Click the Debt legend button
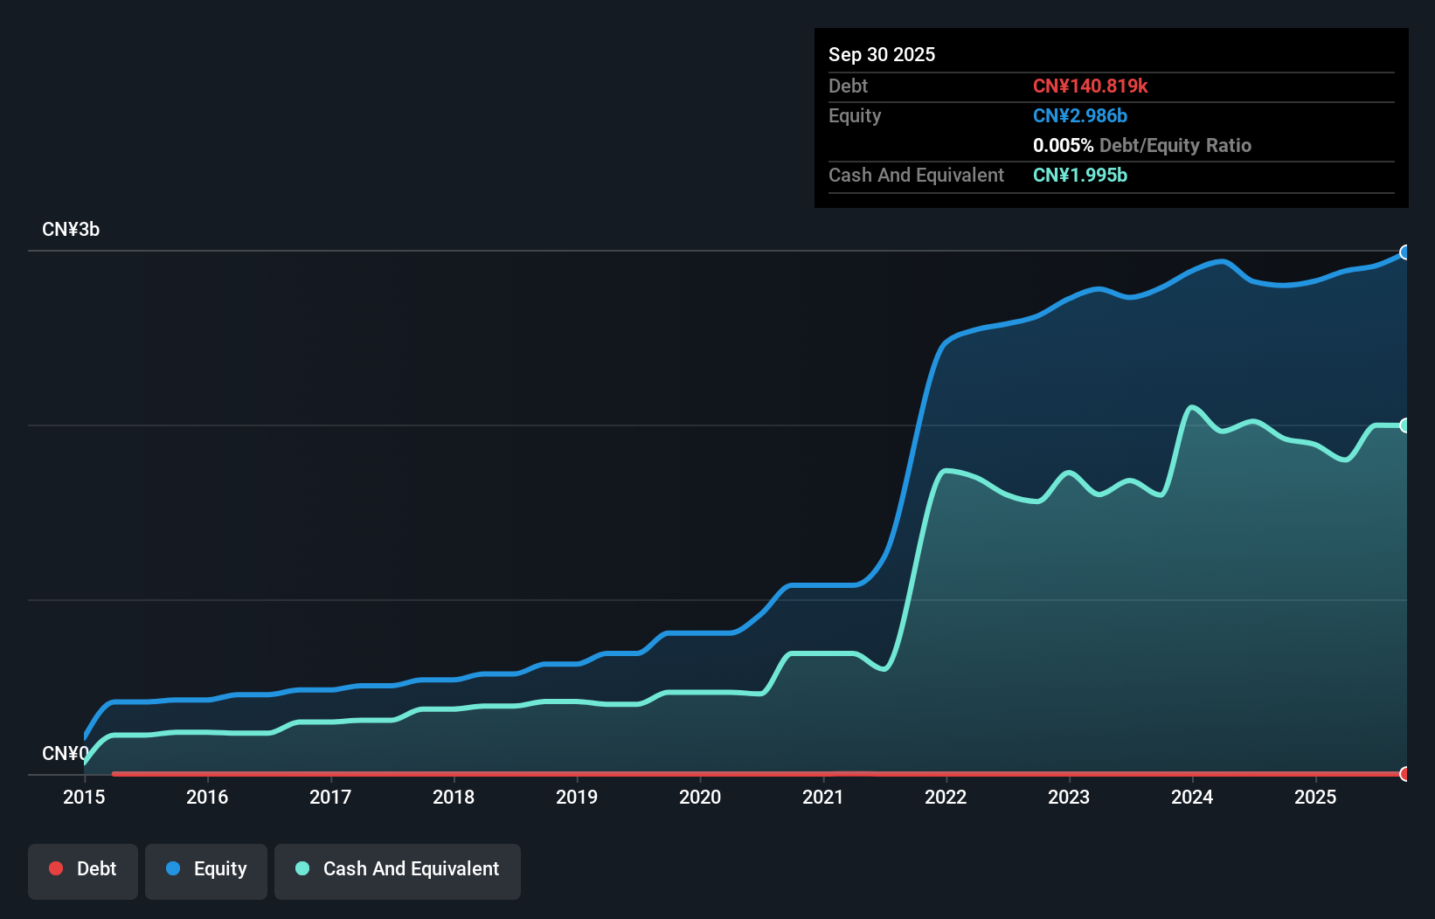83,870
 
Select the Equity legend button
206,870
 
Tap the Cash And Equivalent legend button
398,870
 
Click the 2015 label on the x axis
84,797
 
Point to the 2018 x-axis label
454,797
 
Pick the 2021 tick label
823,797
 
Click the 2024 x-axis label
1192,797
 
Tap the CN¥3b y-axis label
71,230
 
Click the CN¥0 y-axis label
65,753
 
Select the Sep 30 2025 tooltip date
882,55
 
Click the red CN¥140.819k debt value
1090,86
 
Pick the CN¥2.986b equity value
1079,116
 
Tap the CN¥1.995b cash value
1079,176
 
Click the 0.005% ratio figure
1063,146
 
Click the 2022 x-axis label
946,797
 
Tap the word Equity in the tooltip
855,116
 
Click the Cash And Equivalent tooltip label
916,176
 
